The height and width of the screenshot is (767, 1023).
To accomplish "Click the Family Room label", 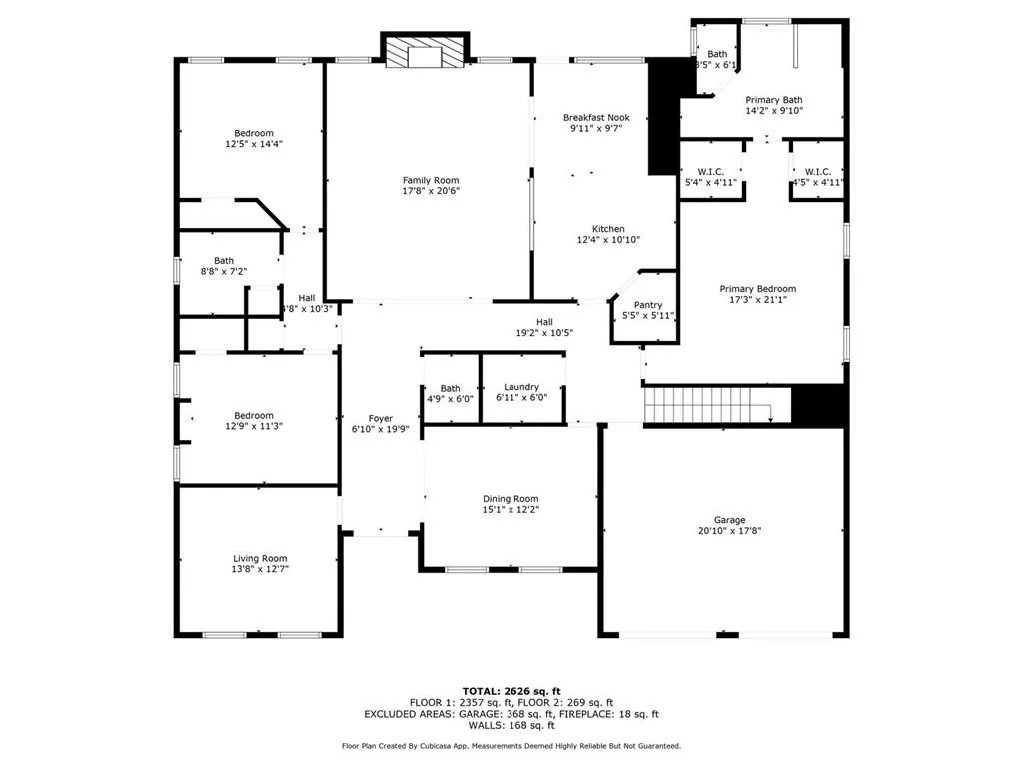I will tap(432, 180).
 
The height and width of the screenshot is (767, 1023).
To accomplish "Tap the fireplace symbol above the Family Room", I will tap(425, 53).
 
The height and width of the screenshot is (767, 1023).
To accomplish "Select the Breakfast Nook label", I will tap(595, 117).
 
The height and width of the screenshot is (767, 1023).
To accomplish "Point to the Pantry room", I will tap(648, 310).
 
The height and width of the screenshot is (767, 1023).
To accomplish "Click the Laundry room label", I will tap(521, 387).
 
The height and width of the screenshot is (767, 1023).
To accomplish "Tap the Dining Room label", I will tap(511, 499).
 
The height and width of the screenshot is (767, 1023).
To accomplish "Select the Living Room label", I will tap(260, 559).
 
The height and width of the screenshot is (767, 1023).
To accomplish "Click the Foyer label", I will tap(380, 419).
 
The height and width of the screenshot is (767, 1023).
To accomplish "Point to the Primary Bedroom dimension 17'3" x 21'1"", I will tap(758, 300).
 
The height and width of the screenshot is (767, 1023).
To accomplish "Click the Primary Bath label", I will tap(774, 100).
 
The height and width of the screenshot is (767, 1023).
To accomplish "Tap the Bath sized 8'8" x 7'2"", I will tap(224, 266).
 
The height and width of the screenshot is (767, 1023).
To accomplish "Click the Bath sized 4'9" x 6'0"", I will tap(451, 392).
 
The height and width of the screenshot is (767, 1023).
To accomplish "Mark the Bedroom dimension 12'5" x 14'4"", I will tap(254, 144).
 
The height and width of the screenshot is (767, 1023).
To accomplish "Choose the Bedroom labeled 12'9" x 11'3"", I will tap(254, 421).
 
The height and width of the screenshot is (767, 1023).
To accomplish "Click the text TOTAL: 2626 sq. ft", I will tap(511, 691).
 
